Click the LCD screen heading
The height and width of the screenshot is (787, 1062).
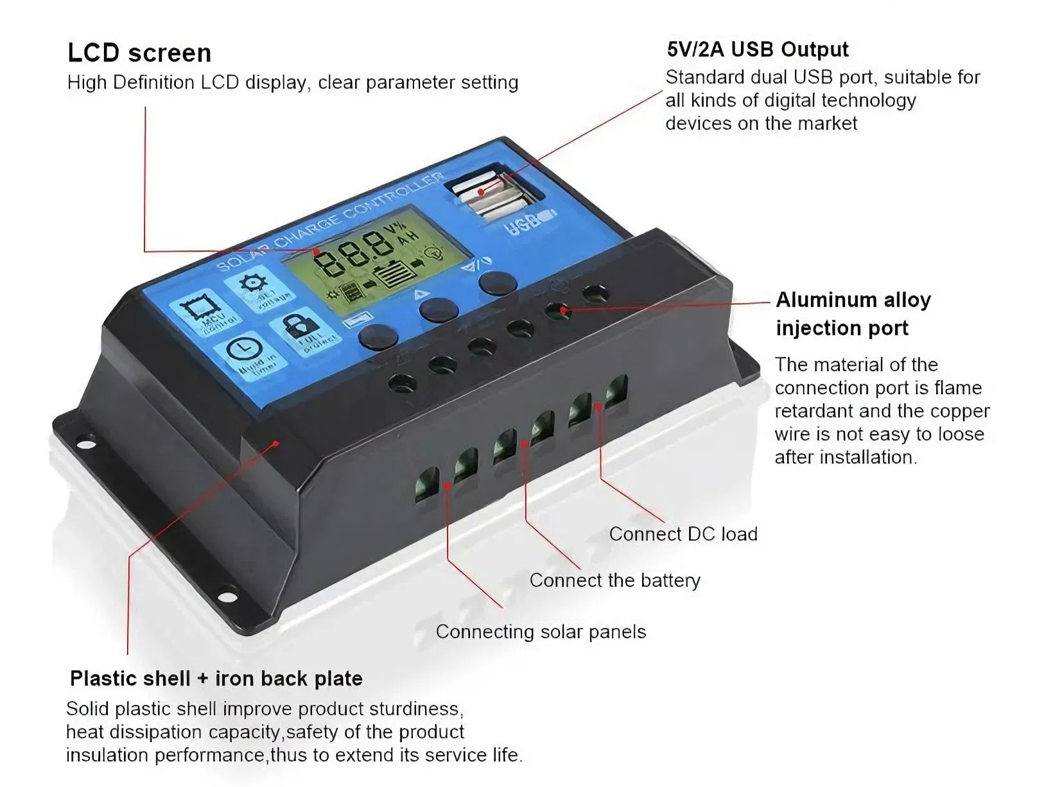[139, 53]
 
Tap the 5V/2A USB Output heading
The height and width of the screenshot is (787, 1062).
[757, 49]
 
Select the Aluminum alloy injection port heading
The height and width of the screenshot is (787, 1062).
[853, 314]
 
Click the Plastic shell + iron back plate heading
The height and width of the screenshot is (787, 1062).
[216, 679]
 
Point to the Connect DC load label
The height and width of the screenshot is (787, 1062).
[683, 534]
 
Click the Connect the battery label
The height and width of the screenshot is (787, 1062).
[614, 580]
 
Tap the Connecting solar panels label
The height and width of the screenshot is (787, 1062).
[541, 632]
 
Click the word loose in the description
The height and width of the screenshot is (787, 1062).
[960, 434]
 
